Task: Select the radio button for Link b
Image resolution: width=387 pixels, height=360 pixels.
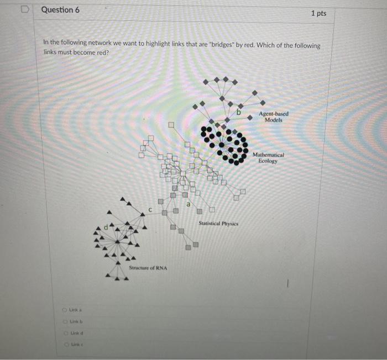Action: click(65, 321)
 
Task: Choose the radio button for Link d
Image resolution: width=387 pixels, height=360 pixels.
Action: click(65, 333)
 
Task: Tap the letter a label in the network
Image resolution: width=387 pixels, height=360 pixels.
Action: click(188, 205)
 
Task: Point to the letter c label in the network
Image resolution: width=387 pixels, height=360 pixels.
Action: click(150, 209)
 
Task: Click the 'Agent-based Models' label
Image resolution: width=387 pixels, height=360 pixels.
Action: click(273, 117)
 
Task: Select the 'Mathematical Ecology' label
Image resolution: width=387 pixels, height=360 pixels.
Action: click(269, 158)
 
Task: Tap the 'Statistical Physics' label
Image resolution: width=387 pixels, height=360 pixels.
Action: click(218, 224)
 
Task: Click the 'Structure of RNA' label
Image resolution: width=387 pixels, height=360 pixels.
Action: click(148, 268)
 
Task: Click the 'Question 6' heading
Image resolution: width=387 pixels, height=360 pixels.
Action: click(60, 10)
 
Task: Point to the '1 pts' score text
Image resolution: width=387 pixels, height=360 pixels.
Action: click(318, 13)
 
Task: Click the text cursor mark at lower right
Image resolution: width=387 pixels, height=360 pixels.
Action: click(288, 284)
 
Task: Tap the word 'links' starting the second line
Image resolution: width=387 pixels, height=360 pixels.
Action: click(51, 52)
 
